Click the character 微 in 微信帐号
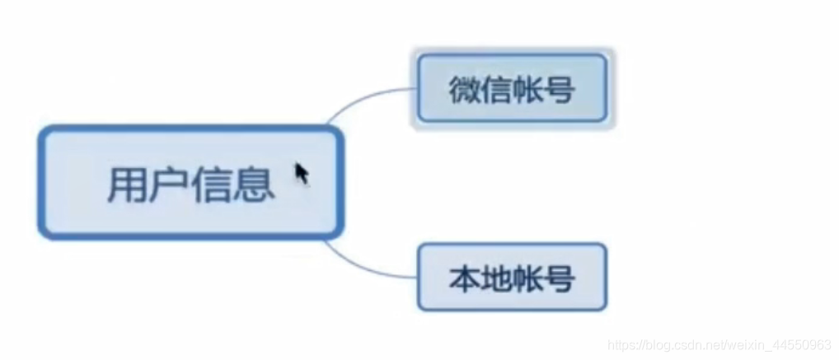tap(465, 89)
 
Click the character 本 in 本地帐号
tap(465, 278)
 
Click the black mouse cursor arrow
tap(302, 173)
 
